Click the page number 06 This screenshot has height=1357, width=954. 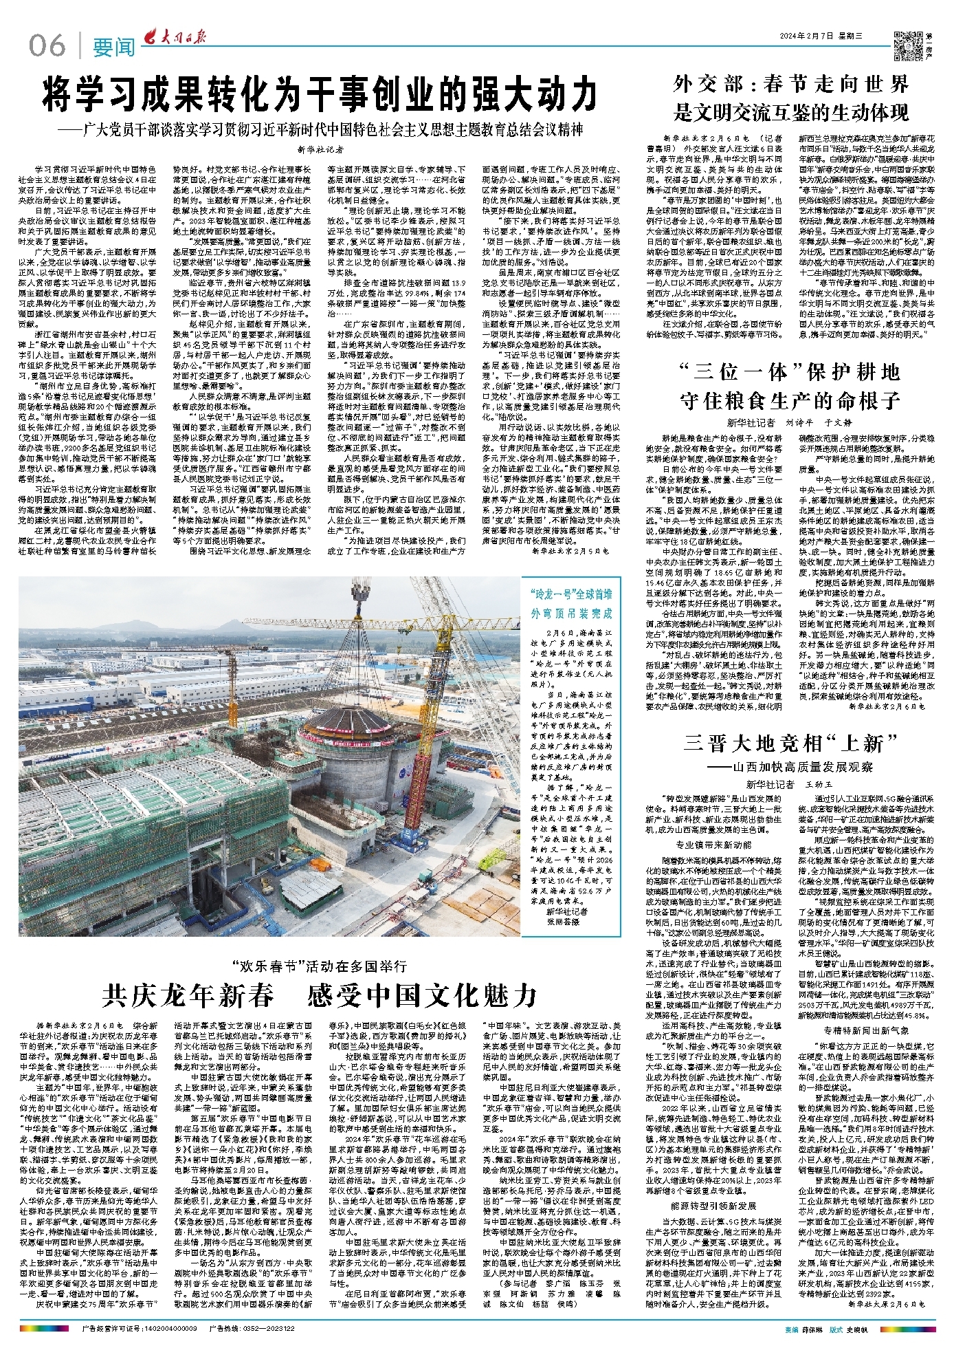pos(47,45)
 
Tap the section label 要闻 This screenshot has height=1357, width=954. pos(114,47)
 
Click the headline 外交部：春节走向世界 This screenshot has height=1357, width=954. pos(791,85)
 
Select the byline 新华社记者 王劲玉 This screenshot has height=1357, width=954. pos(789,783)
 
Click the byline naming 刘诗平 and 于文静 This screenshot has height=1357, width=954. pos(789,422)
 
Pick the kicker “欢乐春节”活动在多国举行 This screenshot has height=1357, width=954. pos(320,966)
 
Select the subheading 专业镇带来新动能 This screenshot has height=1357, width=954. pos(713,844)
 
